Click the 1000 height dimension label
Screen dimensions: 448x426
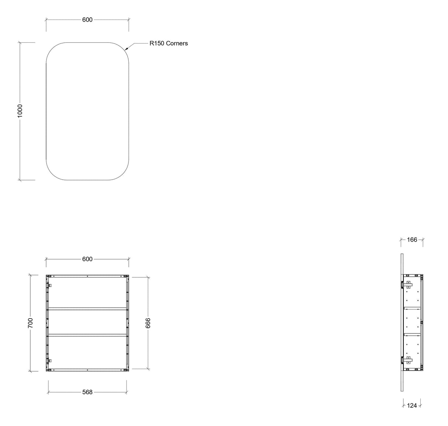[x=20, y=111]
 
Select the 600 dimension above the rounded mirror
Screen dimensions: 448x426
[x=87, y=20]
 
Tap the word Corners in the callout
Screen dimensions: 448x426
[x=177, y=43]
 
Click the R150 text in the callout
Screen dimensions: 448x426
[x=157, y=43]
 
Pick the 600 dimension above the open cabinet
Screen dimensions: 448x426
[x=87, y=259]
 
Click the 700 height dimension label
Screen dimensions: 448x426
[x=30, y=323]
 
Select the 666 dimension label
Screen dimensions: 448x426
[x=148, y=323]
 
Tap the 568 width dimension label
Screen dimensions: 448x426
[x=87, y=392]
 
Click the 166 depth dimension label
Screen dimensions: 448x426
[x=412, y=240]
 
